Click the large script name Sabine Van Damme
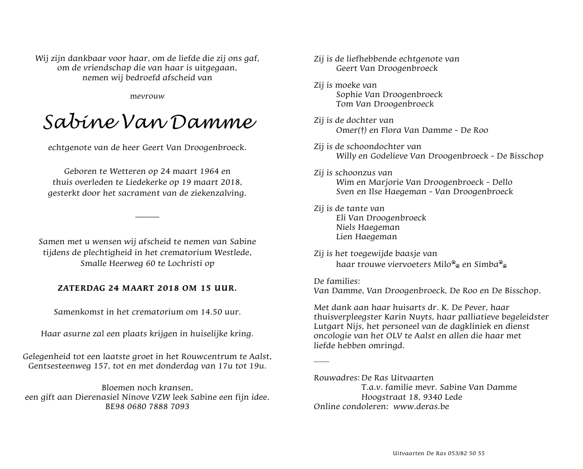coord(149,122)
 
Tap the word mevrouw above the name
coord(147,96)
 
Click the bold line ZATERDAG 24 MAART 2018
coord(147,287)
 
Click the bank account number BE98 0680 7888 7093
coord(147,407)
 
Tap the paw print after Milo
coord(455,264)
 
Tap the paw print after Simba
coord(503,264)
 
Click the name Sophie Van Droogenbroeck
coord(389,94)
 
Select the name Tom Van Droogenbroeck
coord(385,104)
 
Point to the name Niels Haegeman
coord(368,227)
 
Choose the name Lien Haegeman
coord(366,237)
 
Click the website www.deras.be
coord(421,407)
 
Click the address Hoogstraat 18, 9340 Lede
coord(412,397)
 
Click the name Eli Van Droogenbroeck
coord(381,218)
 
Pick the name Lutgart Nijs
coord(337,326)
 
